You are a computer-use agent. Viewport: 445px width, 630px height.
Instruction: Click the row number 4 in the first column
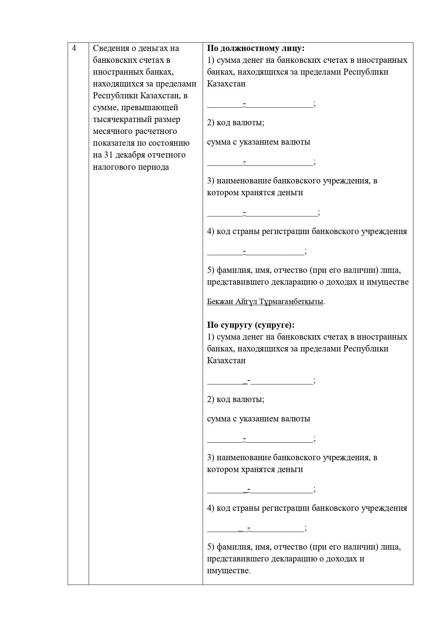[74, 48]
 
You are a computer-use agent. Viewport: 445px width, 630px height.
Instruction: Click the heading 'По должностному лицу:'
[256, 48]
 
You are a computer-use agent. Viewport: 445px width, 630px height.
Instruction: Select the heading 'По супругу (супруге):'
[251, 325]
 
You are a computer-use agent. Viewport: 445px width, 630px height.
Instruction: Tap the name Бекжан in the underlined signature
[220, 301]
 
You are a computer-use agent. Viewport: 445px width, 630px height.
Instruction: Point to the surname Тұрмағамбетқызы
[292, 301]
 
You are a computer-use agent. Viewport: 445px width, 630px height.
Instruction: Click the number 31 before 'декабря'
[108, 155]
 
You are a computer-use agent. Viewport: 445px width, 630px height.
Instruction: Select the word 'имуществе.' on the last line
[229, 570]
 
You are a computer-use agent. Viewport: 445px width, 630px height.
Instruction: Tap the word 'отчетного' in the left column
[168, 155]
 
